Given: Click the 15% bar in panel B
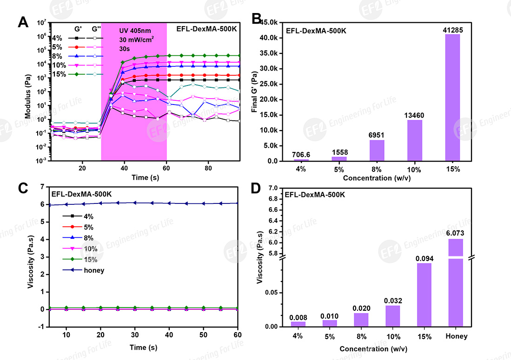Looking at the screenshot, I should coord(452,98).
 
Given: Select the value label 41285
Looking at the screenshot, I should coord(452,30).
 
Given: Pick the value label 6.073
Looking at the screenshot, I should coord(456,234).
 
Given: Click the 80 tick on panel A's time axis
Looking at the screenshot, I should coord(208,168).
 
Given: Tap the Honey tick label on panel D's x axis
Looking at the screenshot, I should coord(456,336).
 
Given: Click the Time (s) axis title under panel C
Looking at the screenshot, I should coord(139,347).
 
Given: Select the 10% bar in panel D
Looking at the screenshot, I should coord(392,316).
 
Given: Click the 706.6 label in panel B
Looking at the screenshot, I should coord(301,154).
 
